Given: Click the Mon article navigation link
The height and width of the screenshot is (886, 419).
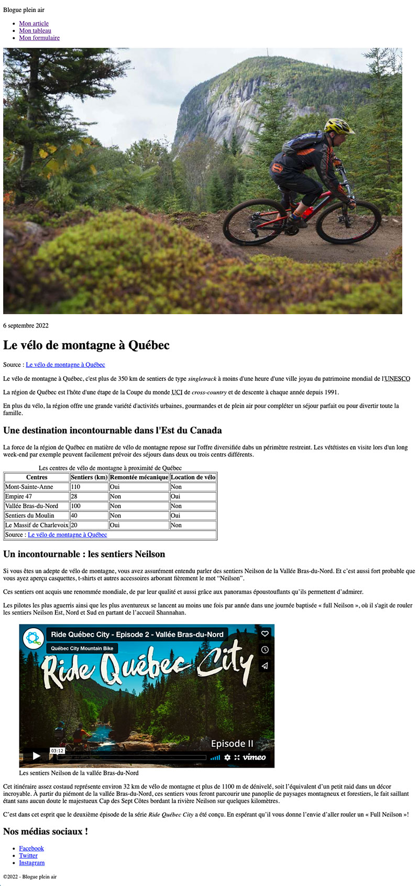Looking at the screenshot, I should click(34, 24).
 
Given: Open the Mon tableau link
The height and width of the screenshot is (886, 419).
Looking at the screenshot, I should click(35, 31).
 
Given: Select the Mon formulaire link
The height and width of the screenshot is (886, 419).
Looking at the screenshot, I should click(39, 38).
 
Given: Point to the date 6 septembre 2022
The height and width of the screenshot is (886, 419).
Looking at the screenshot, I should click(26, 325).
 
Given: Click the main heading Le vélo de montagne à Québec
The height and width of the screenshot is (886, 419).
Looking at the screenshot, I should click(86, 345).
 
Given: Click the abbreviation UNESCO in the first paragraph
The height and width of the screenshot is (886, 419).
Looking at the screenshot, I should click(398, 378).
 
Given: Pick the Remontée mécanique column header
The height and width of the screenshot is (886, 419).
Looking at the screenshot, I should click(139, 477).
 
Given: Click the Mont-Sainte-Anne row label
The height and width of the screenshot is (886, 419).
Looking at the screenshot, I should click(29, 487).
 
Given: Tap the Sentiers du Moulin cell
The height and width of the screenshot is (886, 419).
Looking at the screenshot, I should click(30, 516).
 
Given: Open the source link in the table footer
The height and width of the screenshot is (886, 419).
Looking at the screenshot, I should click(67, 535).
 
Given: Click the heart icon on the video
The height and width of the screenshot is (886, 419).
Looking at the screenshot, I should click(265, 634).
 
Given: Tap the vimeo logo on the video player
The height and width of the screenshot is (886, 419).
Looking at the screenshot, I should click(254, 757).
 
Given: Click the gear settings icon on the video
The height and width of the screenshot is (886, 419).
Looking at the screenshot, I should click(227, 757).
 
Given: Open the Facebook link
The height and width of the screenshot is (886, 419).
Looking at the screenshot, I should click(31, 848).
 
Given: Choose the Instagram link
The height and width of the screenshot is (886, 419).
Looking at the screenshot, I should click(32, 863).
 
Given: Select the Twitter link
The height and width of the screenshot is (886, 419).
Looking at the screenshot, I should click(28, 856).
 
